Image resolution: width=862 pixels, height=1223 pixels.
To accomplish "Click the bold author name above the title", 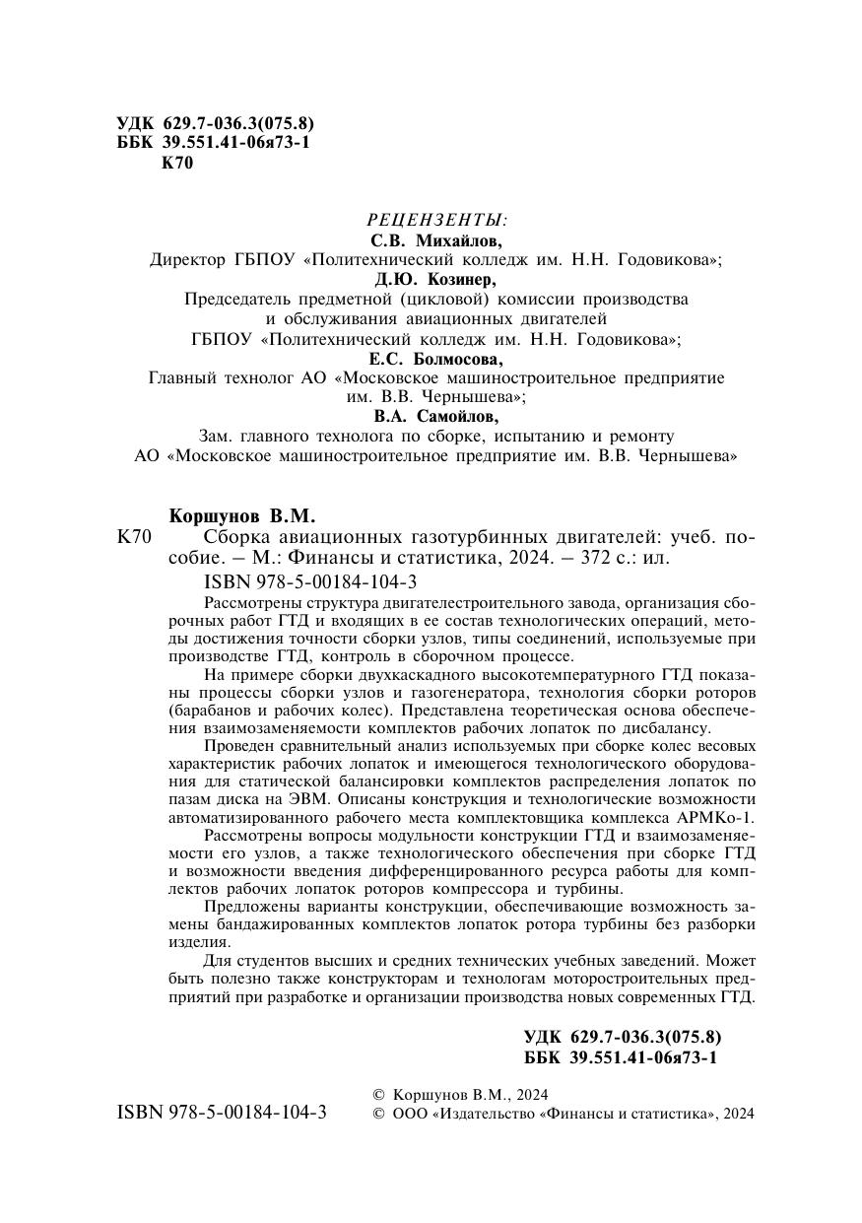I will [x=240, y=515].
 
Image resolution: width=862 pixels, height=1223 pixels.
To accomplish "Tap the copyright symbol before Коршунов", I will [x=378, y=1095].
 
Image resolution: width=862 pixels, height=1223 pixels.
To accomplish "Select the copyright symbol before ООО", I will [x=378, y=1114].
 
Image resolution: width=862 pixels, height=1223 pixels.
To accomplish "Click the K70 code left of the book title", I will [x=133, y=537].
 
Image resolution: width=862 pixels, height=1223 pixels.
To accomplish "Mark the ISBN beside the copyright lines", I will [x=223, y=1113].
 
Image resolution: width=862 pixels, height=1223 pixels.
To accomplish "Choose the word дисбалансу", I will [x=669, y=728].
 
